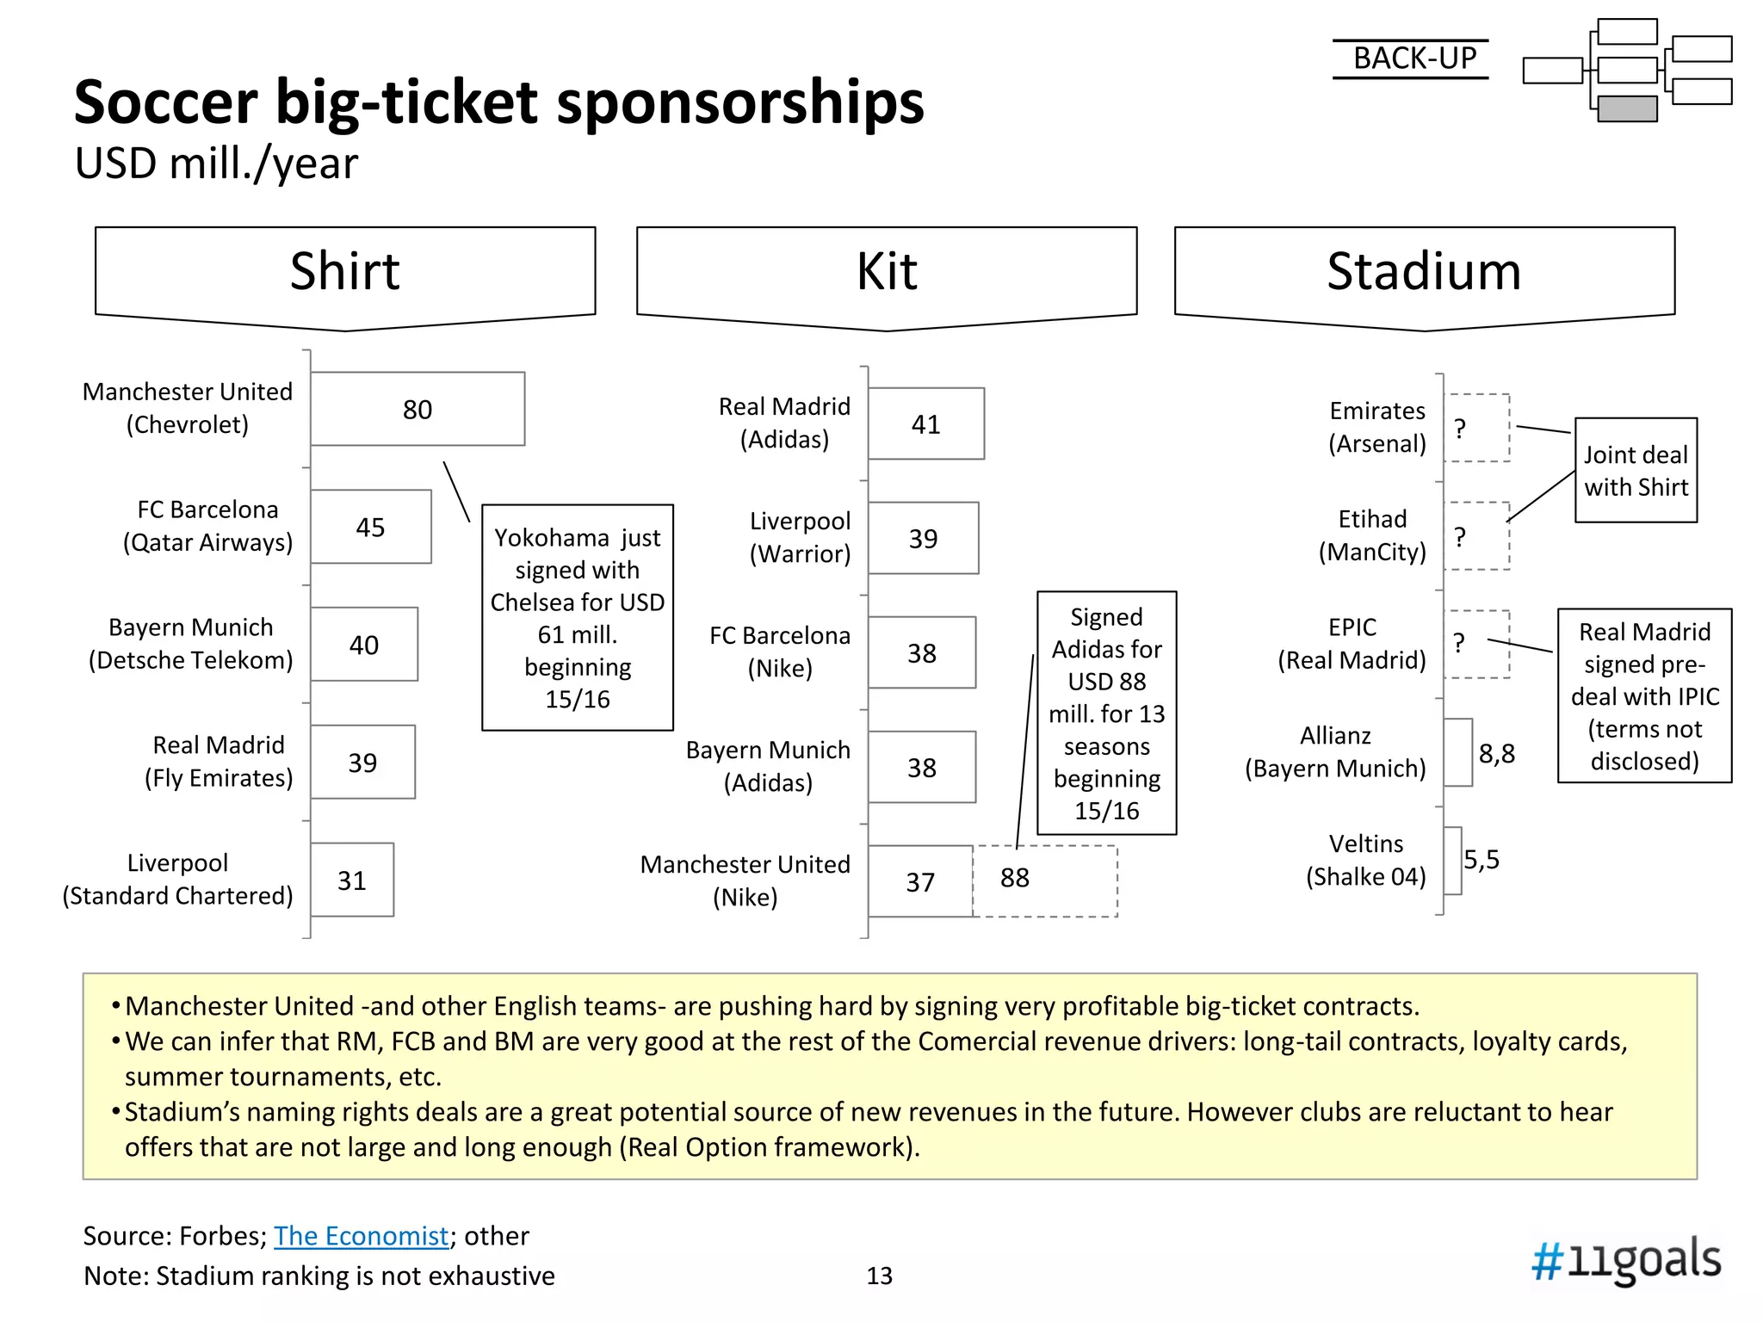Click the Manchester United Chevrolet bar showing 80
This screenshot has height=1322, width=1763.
[x=418, y=409]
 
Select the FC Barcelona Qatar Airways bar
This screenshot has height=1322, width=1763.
[x=370, y=527]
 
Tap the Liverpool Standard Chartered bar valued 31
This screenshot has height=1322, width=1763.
[x=351, y=880]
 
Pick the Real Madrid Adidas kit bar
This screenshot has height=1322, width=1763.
[x=925, y=423]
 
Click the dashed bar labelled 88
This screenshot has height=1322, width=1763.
[x=1044, y=880]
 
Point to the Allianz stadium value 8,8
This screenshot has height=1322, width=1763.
[x=1496, y=754]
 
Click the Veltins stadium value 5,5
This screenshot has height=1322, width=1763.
[x=1482, y=859]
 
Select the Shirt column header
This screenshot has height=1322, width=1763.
[x=345, y=272]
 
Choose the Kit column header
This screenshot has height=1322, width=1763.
[x=887, y=272]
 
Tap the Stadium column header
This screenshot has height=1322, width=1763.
[x=1424, y=272]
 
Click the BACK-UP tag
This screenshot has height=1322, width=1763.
[x=1413, y=59]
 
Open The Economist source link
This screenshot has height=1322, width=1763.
[x=361, y=1236]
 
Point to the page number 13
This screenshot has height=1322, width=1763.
[x=879, y=1276]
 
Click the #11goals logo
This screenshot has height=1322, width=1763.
[x=1625, y=1260]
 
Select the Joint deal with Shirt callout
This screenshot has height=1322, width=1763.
[x=1636, y=470]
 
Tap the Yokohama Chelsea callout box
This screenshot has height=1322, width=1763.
[x=578, y=617]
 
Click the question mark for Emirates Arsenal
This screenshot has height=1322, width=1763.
[x=1460, y=429]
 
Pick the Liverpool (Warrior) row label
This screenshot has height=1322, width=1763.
[x=800, y=537]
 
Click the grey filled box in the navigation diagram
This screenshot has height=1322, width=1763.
[x=1627, y=108]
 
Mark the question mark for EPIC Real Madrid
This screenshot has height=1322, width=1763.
[x=1459, y=643]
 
